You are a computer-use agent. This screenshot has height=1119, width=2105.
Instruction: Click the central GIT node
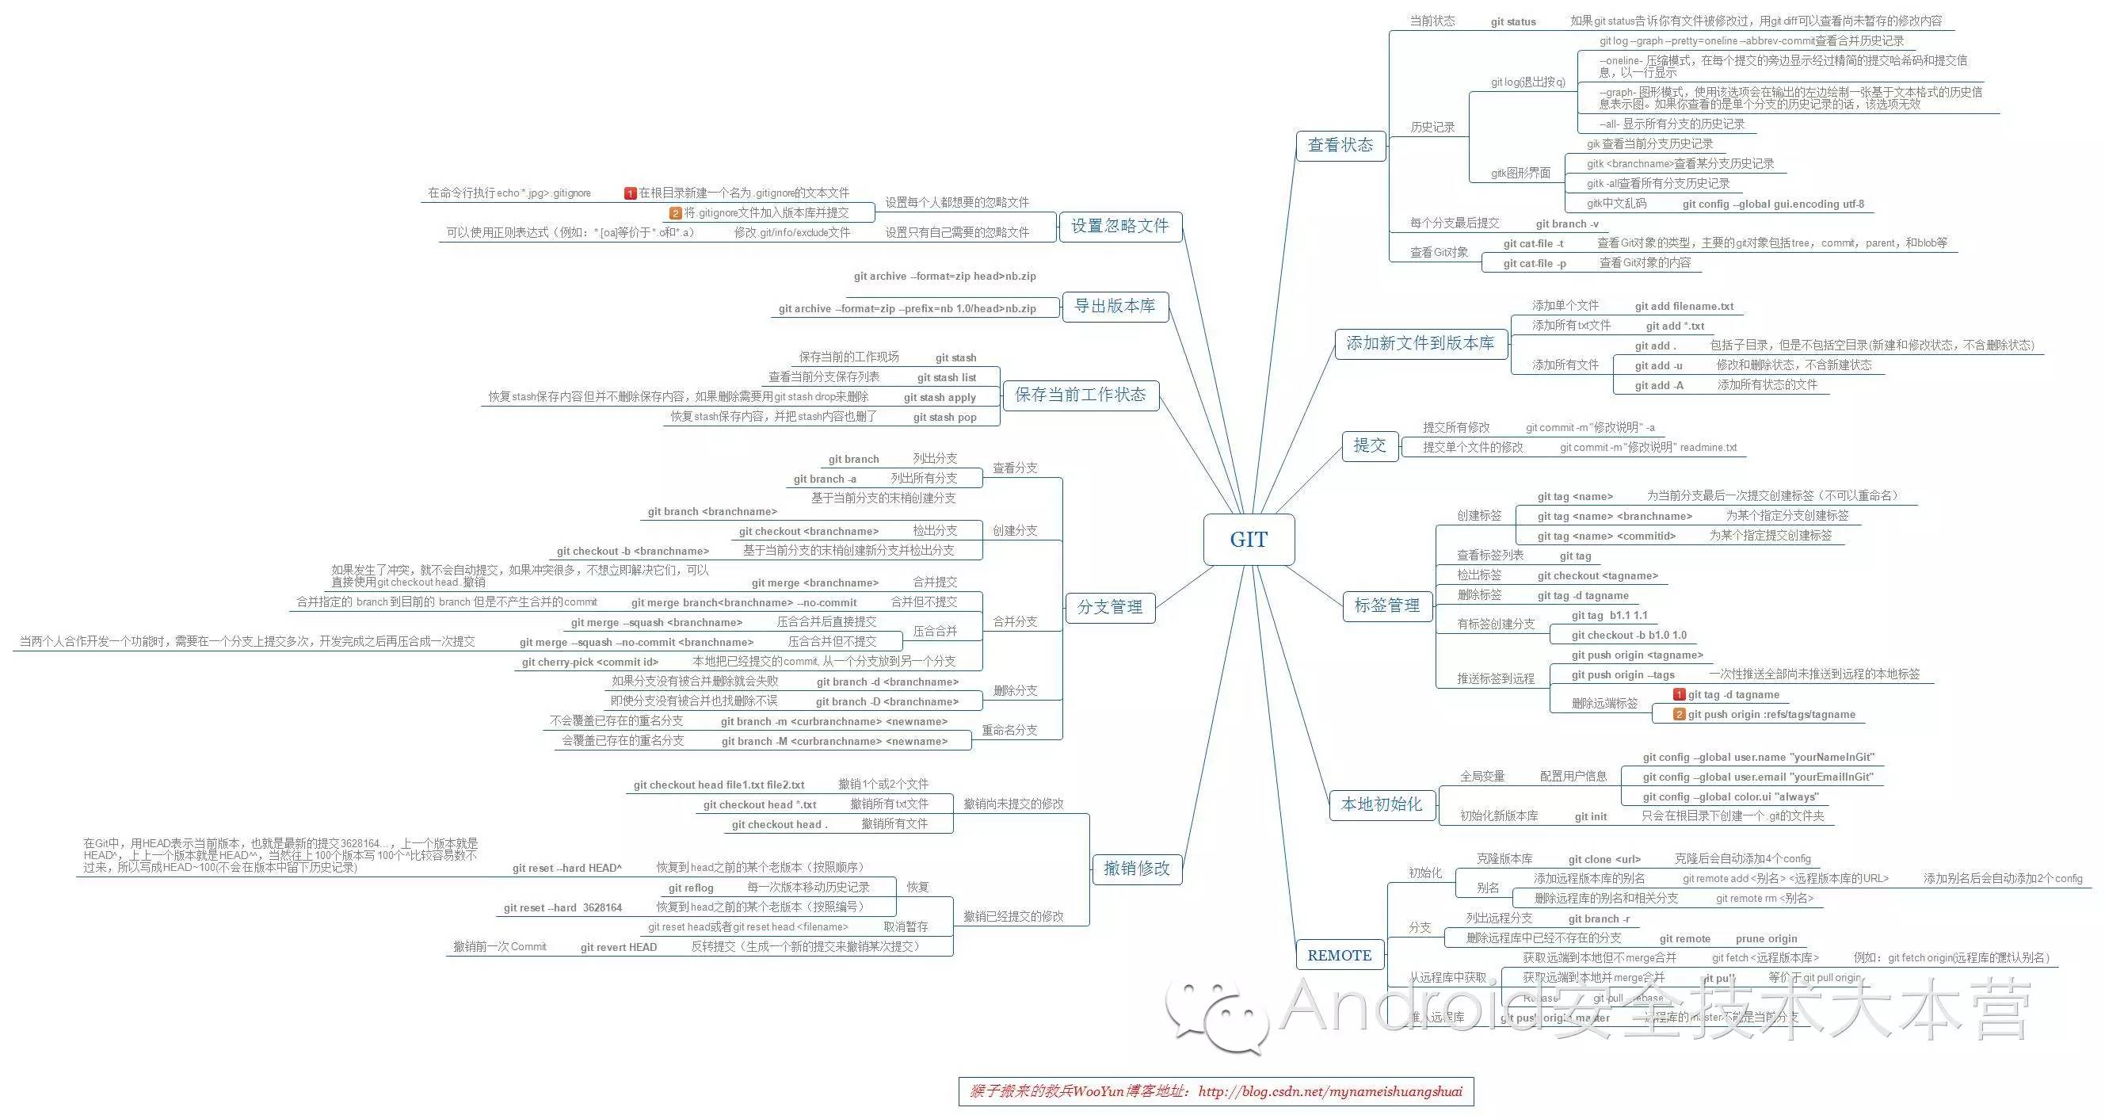[x=1249, y=540]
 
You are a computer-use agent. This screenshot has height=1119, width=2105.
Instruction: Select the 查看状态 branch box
[x=1340, y=146]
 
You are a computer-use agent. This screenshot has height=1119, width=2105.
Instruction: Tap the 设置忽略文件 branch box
[x=1119, y=226]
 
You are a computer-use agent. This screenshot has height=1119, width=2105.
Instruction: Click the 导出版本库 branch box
[x=1115, y=306]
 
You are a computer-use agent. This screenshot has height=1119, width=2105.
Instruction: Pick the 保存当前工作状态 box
[x=1081, y=395]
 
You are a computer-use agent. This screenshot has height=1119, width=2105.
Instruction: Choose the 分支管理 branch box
[x=1110, y=607]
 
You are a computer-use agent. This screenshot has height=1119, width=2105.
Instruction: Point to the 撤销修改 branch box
[x=1137, y=868]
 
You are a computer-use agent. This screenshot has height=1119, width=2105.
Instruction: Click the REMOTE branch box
[x=1340, y=956]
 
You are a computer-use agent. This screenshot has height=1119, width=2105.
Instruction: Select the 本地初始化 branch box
[x=1382, y=804]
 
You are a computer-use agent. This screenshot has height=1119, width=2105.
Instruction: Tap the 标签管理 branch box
[x=1386, y=605]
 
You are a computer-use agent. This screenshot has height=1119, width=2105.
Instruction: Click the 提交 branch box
[x=1370, y=445]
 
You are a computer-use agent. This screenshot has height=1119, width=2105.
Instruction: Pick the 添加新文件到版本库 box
[x=1420, y=343]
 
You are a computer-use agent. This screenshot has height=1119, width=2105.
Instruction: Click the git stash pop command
[x=944, y=418]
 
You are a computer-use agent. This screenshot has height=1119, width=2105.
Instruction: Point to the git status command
[x=1513, y=22]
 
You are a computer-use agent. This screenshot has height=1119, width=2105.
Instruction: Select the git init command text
[x=1590, y=816]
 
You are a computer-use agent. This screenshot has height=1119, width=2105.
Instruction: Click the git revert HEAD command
[x=619, y=947]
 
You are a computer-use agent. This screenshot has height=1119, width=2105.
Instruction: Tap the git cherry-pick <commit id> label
[x=590, y=662]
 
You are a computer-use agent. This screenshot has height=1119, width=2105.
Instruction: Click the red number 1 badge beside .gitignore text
[x=630, y=193]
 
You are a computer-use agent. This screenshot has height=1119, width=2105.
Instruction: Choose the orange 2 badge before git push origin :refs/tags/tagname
[x=1680, y=714]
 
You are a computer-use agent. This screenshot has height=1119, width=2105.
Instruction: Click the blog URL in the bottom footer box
[x=1330, y=1092]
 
